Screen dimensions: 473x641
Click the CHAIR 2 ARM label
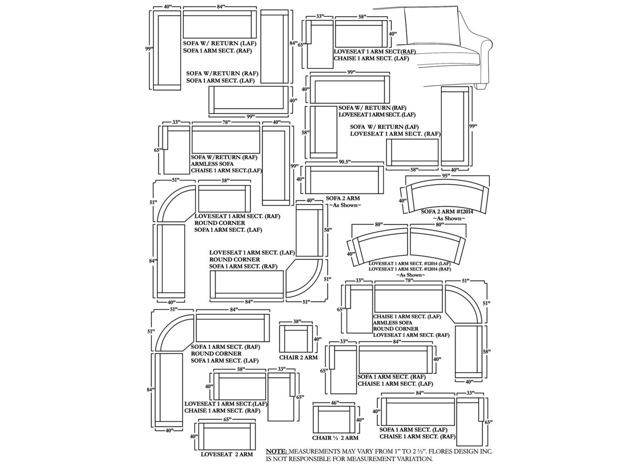click(x=298, y=358)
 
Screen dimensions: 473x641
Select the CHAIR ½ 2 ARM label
click(x=335, y=438)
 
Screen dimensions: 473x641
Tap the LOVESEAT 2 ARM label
click(x=227, y=454)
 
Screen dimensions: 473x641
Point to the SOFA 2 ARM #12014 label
click(x=447, y=211)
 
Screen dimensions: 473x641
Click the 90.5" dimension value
click(x=344, y=162)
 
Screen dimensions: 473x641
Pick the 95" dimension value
click(x=446, y=176)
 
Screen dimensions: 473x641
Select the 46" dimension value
click(x=335, y=403)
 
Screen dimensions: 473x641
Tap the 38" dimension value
click(x=297, y=321)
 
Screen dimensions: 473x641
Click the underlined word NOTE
click(x=276, y=451)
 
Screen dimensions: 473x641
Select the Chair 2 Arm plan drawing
click(x=296, y=339)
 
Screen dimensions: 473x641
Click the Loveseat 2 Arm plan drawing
click(x=227, y=437)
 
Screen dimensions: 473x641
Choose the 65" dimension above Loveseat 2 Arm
click(x=227, y=419)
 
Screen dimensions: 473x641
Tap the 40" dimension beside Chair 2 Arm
click(x=317, y=340)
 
